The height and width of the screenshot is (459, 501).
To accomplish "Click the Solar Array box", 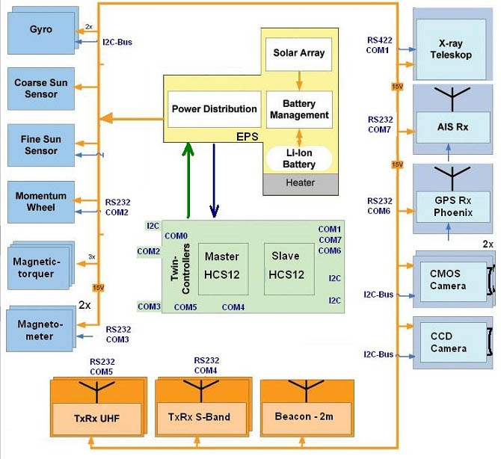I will (x=298, y=55).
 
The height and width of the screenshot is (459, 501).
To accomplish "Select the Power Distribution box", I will (x=214, y=109).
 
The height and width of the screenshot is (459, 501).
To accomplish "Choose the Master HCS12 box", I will (x=221, y=265).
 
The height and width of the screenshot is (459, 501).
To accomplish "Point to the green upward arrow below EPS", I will (x=189, y=180).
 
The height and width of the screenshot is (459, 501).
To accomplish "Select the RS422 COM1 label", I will (x=378, y=45).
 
